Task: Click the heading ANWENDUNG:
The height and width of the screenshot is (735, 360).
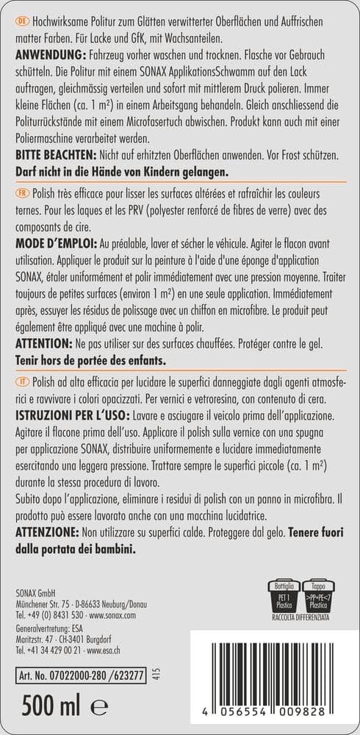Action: (x=48, y=56)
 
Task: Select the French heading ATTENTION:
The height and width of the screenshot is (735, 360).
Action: (x=48, y=344)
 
